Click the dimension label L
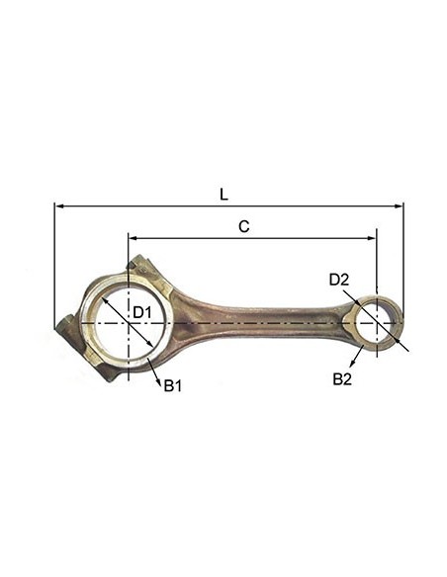[223, 195]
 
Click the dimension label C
[243, 226]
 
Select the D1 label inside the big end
[141, 313]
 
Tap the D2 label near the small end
[339, 280]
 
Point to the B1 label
[172, 385]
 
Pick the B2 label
[341, 379]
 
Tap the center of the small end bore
[377, 322]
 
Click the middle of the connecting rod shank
[262, 319]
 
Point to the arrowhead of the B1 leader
[150, 363]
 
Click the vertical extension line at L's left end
[54, 267]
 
